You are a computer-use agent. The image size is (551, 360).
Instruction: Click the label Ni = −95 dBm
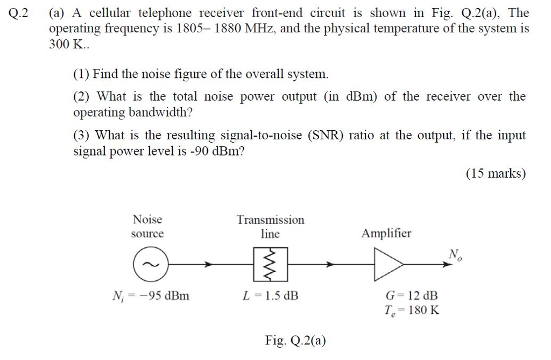point(150,296)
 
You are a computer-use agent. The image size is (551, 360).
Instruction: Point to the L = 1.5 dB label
point(271,296)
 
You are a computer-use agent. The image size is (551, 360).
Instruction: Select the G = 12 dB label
point(412,295)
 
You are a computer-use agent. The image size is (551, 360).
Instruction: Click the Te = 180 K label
point(412,310)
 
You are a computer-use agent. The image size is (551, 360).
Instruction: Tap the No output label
point(455,254)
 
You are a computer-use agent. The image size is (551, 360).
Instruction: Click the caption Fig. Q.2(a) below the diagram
point(295,341)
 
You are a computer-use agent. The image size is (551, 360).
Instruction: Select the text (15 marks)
point(495,174)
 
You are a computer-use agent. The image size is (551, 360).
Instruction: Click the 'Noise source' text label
point(147,227)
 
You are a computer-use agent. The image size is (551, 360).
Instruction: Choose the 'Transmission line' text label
point(270,227)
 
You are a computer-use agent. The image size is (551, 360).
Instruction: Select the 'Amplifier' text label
point(386,234)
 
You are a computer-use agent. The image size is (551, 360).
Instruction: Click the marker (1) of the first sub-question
point(82,74)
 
